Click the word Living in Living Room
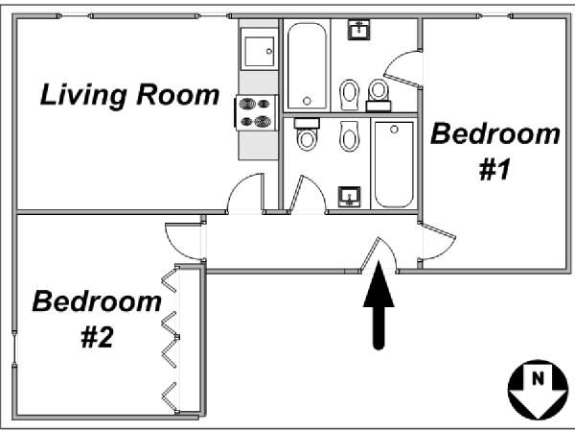click(x=83, y=96)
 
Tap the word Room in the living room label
click(x=178, y=95)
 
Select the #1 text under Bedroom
click(x=494, y=170)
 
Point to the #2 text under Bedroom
click(x=97, y=338)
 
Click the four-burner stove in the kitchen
click(x=256, y=112)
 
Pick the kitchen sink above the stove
click(x=259, y=49)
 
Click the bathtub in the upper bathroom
click(x=307, y=65)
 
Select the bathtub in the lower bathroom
click(x=394, y=164)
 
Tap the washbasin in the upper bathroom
click(x=358, y=30)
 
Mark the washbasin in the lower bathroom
click(x=349, y=197)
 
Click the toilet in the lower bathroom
click(x=307, y=134)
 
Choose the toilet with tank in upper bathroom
click(x=379, y=95)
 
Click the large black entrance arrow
click(x=379, y=305)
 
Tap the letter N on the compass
click(x=538, y=378)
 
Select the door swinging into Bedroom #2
click(x=184, y=242)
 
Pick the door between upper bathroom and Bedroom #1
click(x=402, y=69)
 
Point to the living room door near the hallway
click(x=245, y=194)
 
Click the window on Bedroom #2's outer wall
click(x=14, y=349)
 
